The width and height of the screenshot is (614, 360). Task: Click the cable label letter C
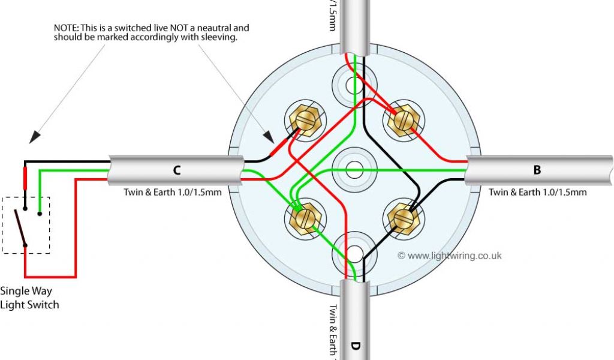[x=177, y=170]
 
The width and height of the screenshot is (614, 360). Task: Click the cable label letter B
[x=537, y=170]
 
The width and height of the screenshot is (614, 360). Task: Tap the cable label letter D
[x=355, y=346]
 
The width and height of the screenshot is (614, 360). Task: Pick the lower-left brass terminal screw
[x=303, y=217]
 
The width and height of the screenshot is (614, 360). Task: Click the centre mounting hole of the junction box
[x=354, y=169]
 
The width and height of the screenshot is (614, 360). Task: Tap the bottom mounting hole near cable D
[x=354, y=253]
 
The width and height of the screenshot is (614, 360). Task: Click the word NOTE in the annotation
[x=65, y=28]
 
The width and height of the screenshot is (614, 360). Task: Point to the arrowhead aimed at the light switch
[x=35, y=137]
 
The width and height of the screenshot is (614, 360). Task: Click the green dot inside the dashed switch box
[x=40, y=212]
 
